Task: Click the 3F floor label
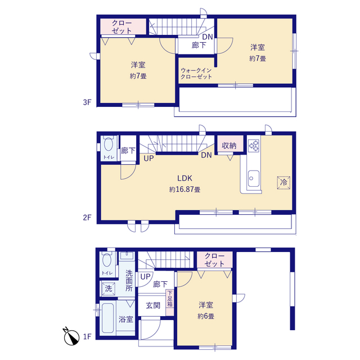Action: (x=87, y=102)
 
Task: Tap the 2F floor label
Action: (x=87, y=217)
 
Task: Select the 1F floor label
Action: (x=87, y=336)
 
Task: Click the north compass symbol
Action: (x=71, y=336)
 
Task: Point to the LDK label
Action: (x=184, y=178)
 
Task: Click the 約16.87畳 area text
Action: (x=185, y=190)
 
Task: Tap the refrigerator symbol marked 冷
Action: (x=283, y=182)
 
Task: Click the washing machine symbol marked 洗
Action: (x=109, y=289)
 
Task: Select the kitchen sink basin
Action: (x=254, y=179)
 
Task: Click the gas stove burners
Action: (x=254, y=146)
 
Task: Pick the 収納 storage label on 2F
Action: (x=229, y=145)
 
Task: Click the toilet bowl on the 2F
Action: (x=109, y=144)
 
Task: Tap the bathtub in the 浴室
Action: (x=107, y=318)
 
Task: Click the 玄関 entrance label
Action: (x=153, y=305)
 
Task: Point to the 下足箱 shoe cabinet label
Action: (x=170, y=299)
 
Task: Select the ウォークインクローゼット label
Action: (x=196, y=74)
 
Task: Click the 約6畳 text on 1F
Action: (x=206, y=316)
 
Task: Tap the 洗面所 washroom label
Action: (x=129, y=281)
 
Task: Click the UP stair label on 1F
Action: (x=145, y=277)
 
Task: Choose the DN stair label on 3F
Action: (x=208, y=37)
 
